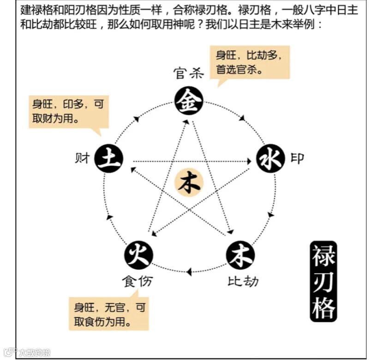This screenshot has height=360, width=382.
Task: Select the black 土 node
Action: pyautogui.click(x=108, y=159)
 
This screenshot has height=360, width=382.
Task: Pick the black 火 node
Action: pyautogui.click(x=138, y=254)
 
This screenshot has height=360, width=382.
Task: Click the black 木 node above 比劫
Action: pyautogui.click(x=240, y=254)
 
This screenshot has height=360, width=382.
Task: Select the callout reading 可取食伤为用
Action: pyautogui.click(x=109, y=314)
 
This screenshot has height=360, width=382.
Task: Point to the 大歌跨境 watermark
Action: pyautogui.click(x=28, y=353)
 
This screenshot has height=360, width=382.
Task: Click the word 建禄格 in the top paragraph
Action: pyautogui.click(x=37, y=10)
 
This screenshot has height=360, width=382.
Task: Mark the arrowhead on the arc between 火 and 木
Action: pyautogui.click(x=189, y=272)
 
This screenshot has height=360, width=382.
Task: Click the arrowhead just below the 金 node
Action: pyautogui.click(x=186, y=122)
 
